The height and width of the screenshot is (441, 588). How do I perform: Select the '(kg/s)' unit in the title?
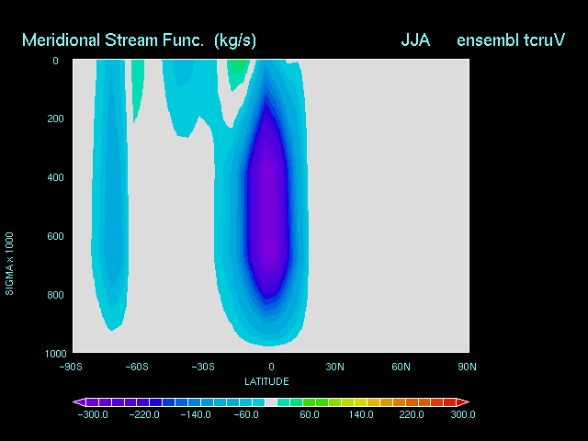[235, 40]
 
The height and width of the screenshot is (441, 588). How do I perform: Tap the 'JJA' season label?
[415, 40]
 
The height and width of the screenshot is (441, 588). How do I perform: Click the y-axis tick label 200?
[55, 119]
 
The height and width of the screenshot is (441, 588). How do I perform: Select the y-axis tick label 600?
[55, 236]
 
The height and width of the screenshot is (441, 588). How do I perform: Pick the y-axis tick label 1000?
[55, 354]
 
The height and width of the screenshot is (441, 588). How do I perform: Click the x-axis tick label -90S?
[71, 367]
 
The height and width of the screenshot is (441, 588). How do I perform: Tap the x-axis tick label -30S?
[203, 367]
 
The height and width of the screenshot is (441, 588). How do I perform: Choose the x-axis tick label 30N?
[334, 367]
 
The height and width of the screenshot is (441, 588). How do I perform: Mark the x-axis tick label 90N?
[467, 367]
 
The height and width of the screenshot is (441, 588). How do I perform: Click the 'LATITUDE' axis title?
[266, 382]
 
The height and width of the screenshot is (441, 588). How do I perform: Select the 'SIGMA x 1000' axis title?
[9, 264]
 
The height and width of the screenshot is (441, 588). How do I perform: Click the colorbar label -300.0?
[93, 414]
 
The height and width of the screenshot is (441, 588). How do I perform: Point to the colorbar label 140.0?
[361, 414]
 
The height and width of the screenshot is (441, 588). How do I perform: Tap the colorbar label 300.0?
[463, 414]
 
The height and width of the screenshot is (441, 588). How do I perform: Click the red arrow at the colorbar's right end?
[462, 402]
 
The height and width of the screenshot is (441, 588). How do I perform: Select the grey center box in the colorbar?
[271, 402]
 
